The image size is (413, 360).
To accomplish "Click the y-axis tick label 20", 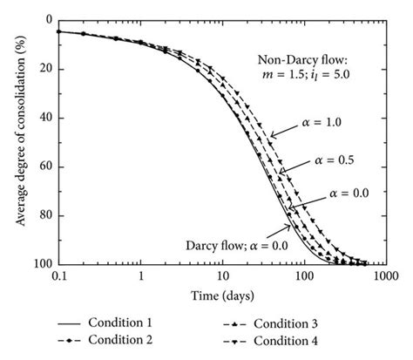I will pos(44,69).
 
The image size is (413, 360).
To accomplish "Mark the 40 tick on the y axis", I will pos(44,118).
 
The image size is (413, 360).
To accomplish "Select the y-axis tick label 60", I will pos(44,166).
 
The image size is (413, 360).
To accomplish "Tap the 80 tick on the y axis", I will pos(44,215).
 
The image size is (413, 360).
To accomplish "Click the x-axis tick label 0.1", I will pos(58,276).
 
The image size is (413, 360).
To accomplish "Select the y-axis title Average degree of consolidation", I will pos(15,141).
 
